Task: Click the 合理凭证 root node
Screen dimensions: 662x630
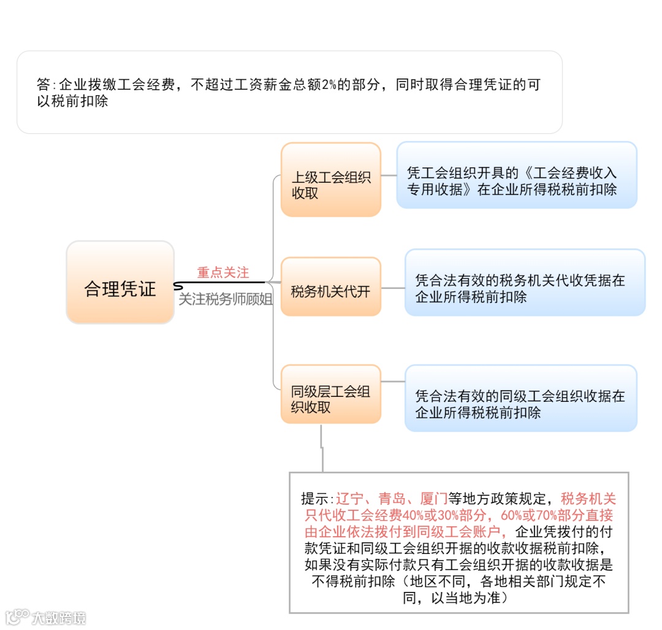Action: point(120,289)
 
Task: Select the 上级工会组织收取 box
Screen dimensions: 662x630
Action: point(330,179)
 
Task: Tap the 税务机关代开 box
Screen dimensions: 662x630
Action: point(330,291)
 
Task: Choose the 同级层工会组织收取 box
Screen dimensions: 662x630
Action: point(330,399)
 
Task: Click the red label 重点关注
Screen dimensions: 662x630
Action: point(223,272)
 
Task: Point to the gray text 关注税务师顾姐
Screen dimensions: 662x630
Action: point(226,299)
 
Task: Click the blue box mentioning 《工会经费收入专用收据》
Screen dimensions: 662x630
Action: point(516,181)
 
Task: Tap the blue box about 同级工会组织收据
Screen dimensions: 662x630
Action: point(520,404)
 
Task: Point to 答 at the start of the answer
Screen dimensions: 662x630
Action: point(44,85)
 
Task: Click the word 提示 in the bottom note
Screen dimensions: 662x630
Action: point(316,498)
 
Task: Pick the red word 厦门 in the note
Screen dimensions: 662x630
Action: point(434,498)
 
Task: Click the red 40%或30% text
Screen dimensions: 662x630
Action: point(430,515)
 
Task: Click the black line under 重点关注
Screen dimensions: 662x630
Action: point(221,283)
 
